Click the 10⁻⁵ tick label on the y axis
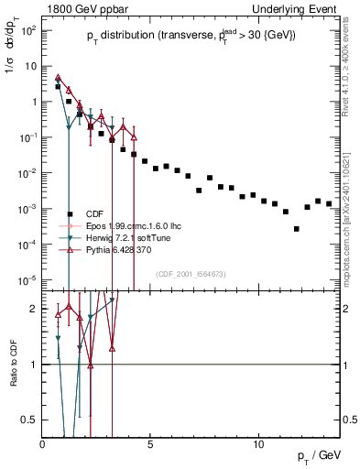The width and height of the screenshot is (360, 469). pos(27,279)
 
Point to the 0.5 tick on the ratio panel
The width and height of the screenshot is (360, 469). pos(31,420)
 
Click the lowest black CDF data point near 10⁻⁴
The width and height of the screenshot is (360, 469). pos(296,229)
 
